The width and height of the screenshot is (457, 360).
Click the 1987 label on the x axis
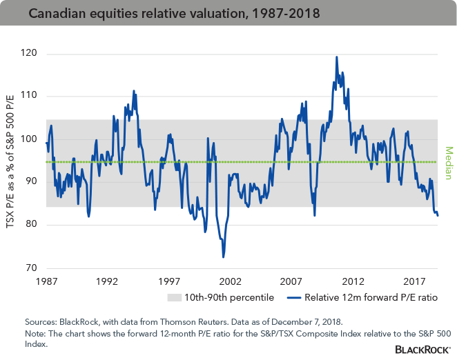[45, 281]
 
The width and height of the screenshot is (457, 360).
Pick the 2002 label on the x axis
[230, 281]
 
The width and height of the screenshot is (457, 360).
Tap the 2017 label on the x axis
[414, 281]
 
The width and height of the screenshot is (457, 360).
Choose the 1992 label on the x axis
[106, 281]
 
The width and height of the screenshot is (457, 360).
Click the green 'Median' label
[448, 161]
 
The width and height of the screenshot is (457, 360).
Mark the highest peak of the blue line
[336, 57]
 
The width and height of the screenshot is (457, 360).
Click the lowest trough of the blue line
[223, 257]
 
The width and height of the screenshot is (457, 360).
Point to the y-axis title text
[12, 161]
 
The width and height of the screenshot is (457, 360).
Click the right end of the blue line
[438, 216]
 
